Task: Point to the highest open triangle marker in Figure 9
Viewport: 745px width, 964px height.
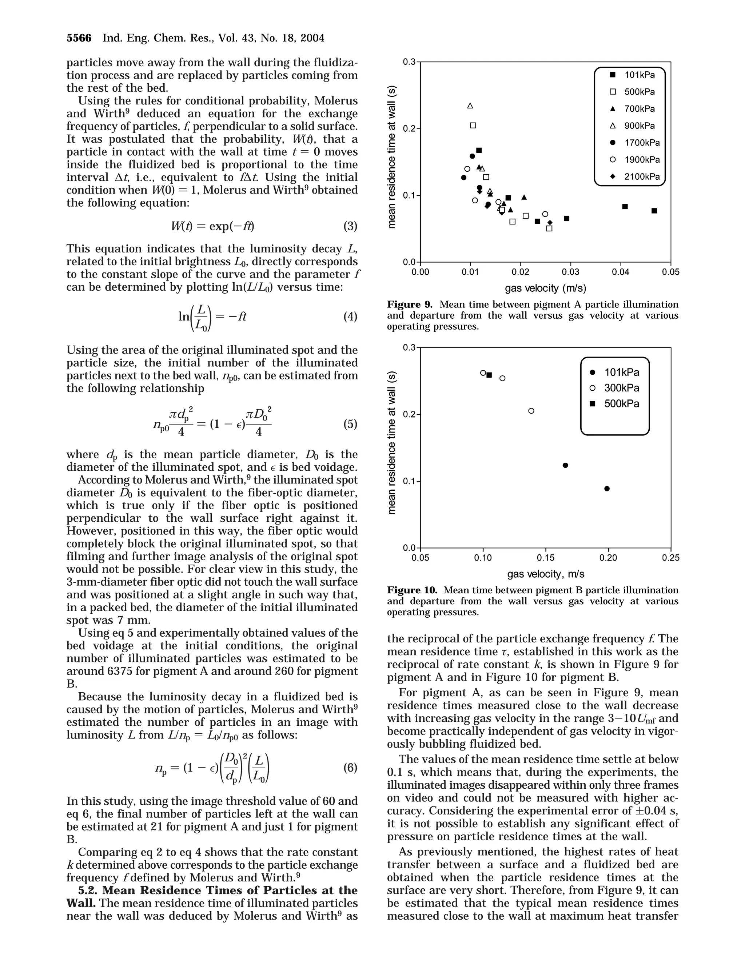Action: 470,106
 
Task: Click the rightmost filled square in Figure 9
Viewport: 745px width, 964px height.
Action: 654,211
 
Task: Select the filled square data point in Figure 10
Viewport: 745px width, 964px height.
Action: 489,375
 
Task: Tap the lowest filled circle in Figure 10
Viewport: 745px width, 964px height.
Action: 607,489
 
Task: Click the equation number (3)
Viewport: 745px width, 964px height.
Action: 350,226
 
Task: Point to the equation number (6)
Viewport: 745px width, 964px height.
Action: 350,768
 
